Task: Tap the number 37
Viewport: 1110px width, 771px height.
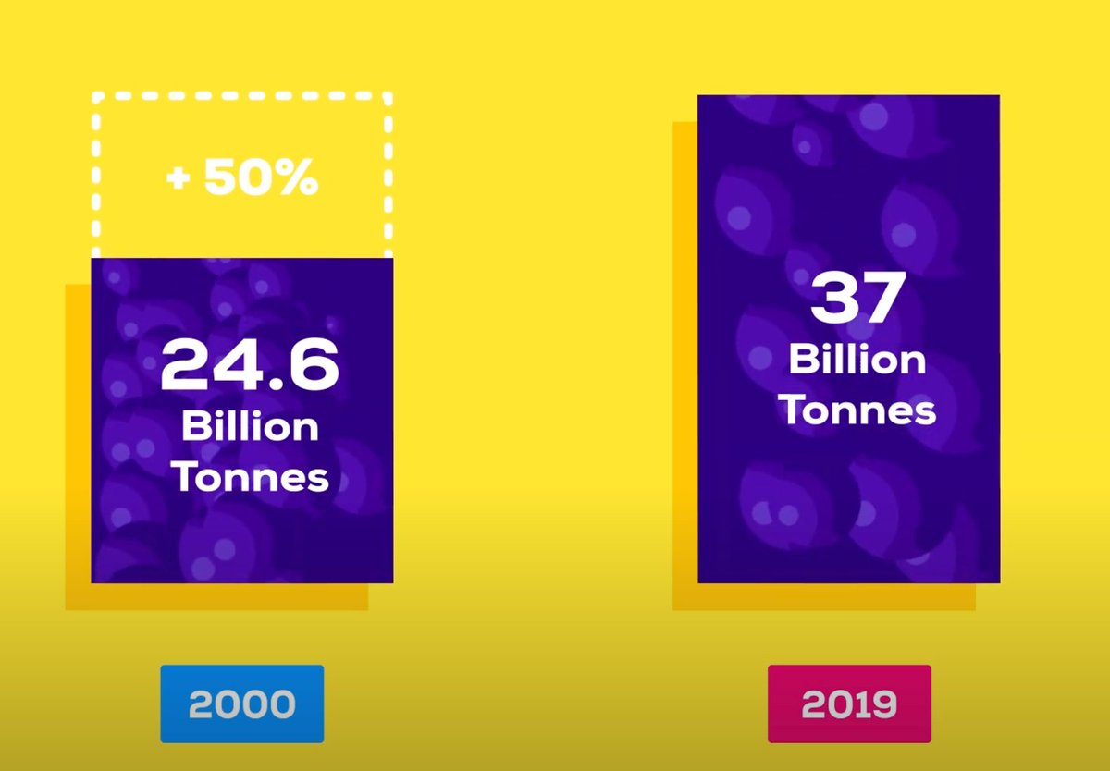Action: (x=857, y=299)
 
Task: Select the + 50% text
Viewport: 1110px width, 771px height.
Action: (x=242, y=179)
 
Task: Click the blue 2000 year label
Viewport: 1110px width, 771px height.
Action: (x=242, y=704)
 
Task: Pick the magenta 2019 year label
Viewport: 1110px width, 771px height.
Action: (x=849, y=704)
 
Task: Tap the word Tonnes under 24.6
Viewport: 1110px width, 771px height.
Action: (x=250, y=478)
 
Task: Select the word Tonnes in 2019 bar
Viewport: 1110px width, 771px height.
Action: (x=857, y=410)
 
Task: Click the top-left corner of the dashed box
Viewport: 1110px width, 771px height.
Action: (x=93, y=95)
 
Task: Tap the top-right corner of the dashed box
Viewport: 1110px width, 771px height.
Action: (x=389, y=95)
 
